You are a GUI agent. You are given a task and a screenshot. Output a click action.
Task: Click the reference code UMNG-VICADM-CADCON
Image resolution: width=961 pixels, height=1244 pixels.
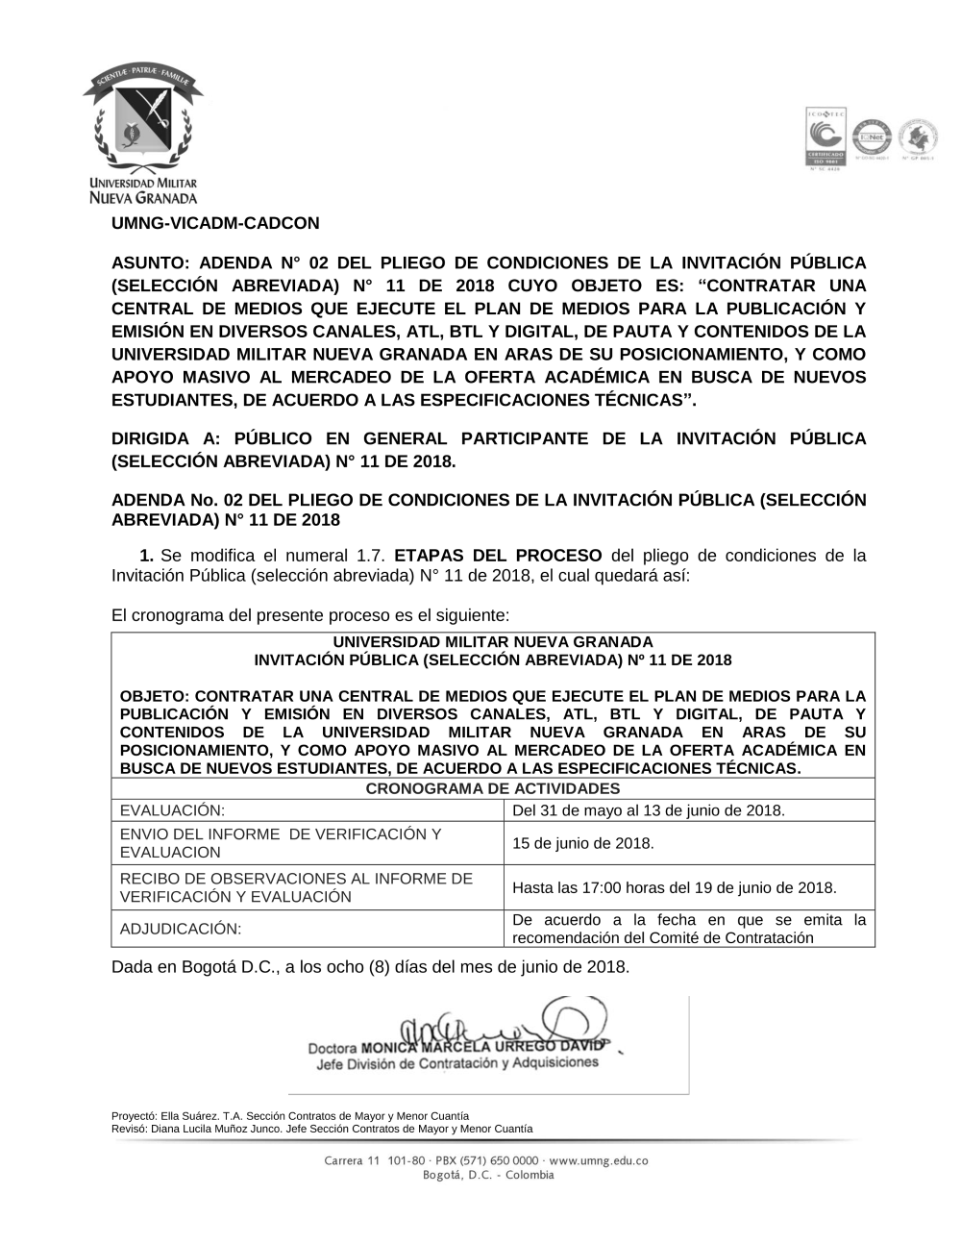tap(215, 223)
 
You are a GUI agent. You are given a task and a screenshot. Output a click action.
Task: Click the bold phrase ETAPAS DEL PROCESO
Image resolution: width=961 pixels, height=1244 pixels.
tap(498, 556)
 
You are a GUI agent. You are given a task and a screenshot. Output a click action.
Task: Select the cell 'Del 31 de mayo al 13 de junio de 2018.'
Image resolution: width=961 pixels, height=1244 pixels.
tap(649, 810)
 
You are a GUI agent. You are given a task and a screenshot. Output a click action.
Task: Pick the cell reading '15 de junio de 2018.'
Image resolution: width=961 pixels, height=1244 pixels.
tap(582, 843)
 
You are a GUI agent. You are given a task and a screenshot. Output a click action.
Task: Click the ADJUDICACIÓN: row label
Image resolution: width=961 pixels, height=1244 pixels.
tap(181, 929)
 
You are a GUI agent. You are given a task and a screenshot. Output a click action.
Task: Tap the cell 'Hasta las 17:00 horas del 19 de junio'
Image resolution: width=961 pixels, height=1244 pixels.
tap(674, 887)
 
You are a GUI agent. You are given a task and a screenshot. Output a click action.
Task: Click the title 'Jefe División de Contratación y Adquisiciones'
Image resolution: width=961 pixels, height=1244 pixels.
tap(457, 1063)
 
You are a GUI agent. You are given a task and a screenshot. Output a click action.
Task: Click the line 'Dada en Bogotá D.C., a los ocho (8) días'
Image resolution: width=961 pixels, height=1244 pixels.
tap(370, 966)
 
